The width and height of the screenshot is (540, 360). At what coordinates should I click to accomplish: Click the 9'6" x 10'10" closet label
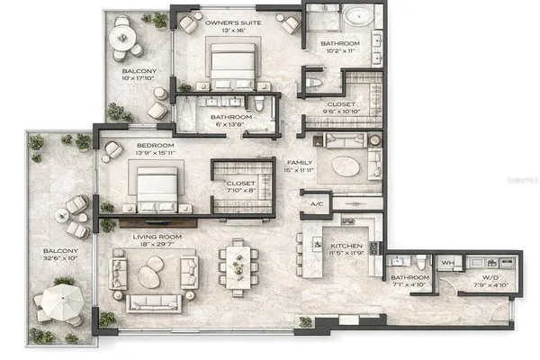coord(339,104)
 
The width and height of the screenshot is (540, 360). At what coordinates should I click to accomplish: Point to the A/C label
coord(316,204)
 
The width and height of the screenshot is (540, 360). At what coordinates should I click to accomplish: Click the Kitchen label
coord(345,245)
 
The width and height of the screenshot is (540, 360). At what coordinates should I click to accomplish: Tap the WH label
coord(447,263)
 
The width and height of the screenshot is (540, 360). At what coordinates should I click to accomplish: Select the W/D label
coord(489,278)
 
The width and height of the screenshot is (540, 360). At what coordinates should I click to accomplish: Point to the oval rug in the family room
coord(347,167)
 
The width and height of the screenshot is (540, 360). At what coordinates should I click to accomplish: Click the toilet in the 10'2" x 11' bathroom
coord(312,82)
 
